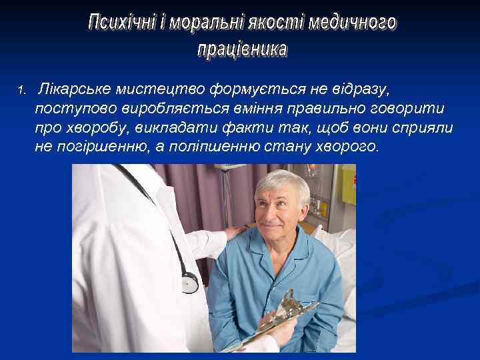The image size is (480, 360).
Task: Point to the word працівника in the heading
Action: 242,49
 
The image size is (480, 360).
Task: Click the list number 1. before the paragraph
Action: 21,89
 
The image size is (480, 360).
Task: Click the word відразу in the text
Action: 360,89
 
